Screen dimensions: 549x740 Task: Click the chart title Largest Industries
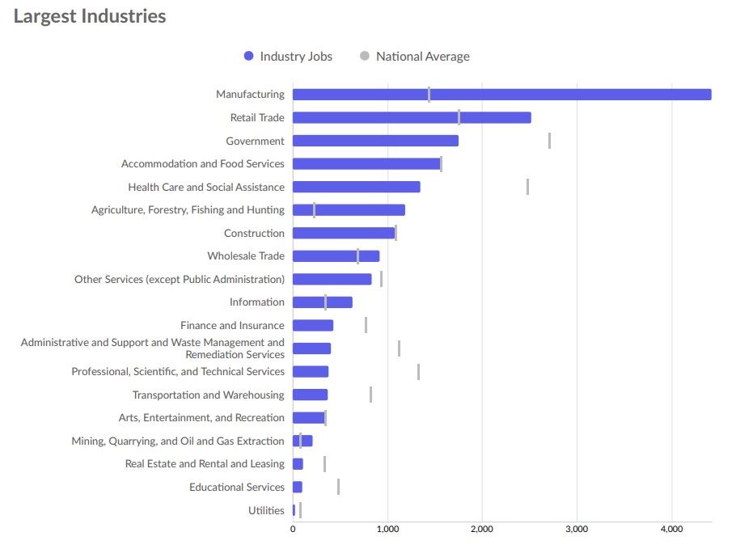(x=90, y=16)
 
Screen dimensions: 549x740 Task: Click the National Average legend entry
(x=414, y=57)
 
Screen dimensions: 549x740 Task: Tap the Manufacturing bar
(x=501, y=95)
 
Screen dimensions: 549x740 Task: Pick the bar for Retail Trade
(x=411, y=118)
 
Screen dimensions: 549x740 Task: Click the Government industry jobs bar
(x=375, y=141)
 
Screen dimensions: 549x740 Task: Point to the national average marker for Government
(x=549, y=141)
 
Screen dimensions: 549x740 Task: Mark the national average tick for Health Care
(x=527, y=187)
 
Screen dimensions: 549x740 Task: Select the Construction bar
(x=343, y=233)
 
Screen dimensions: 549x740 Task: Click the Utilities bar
(x=294, y=510)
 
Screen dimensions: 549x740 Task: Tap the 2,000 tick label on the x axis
(x=481, y=529)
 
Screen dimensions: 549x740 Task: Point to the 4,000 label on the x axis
(x=671, y=529)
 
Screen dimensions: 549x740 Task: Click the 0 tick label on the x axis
(x=293, y=529)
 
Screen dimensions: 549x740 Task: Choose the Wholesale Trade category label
(x=246, y=256)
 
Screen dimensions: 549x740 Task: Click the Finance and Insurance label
(x=232, y=326)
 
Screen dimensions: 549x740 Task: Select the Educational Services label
(x=237, y=488)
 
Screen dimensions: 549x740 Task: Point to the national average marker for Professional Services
(x=418, y=372)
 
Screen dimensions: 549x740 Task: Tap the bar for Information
(x=322, y=302)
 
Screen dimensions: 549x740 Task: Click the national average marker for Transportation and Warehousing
(x=370, y=395)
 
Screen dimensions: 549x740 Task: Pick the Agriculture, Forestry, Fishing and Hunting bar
(x=349, y=210)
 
